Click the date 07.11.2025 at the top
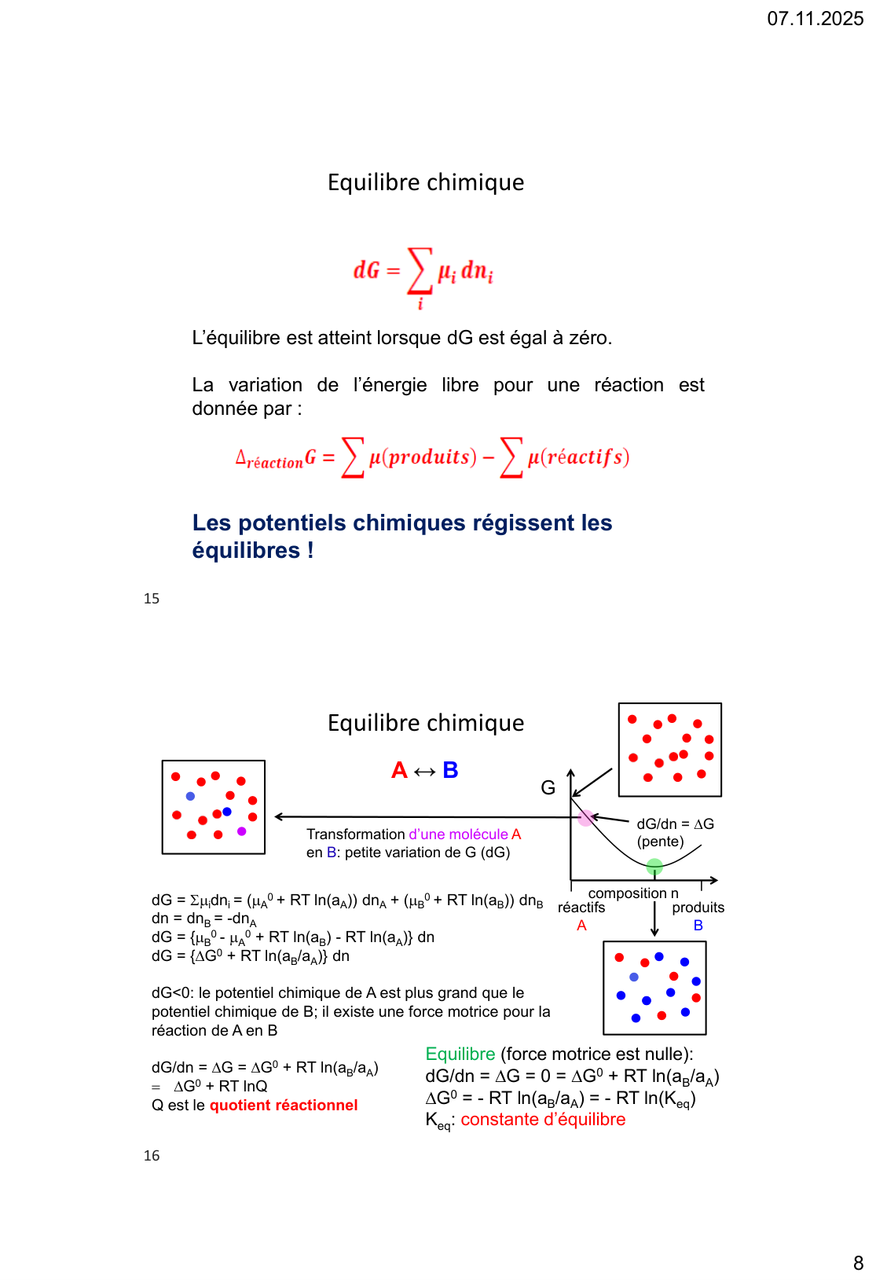815,19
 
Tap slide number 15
152,599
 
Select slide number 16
152,1156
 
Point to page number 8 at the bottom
858,1263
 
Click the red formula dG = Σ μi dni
423,272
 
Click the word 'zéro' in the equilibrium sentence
589,338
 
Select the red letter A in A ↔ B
399,770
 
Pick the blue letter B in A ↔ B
450,770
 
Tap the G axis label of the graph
548,787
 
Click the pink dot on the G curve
586,818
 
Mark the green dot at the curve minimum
654,867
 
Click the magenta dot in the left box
241,831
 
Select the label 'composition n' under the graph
633,893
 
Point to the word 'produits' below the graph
698,908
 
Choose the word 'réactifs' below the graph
581,908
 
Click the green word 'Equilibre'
460,1054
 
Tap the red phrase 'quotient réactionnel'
284,1106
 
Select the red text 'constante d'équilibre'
543,1120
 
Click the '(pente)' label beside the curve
660,842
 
